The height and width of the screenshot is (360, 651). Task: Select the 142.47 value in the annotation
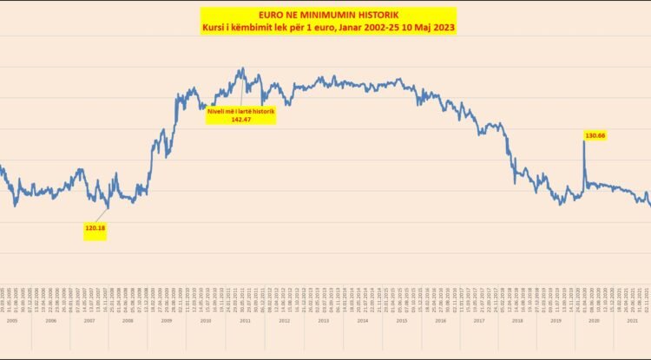pos(240,120)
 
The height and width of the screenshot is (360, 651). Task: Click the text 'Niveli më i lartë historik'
pos(240,111)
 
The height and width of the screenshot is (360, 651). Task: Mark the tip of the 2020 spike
pos(583,141)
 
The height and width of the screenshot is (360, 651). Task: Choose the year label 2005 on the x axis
pos(12,320)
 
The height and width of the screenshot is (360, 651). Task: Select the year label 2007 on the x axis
pos(89,320)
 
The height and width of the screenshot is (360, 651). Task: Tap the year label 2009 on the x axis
pos(167,320)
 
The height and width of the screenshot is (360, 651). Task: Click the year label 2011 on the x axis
pos(245,320)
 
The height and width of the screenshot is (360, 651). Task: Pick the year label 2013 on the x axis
pos(323,320)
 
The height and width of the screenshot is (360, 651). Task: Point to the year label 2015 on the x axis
pos(401,320)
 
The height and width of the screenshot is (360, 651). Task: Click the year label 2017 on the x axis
pos(478,320)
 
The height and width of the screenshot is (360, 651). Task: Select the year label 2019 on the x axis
pos(556,320)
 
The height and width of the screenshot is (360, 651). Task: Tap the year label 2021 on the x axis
pos(633,320)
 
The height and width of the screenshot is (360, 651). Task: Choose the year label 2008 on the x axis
pos(128,320)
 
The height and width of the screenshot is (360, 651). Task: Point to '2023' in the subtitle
pos(443,29)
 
